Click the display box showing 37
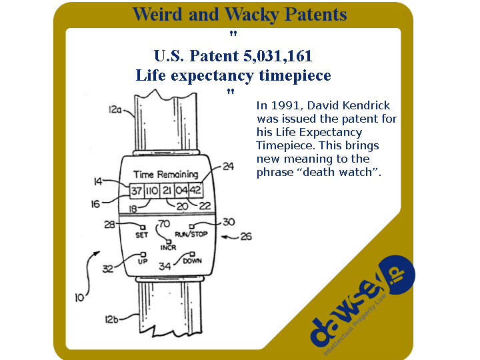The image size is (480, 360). click(x=137, y=191)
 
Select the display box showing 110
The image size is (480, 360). click(x=152, y=191)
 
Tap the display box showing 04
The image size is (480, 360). click(x=181, y=191)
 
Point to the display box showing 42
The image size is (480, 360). click(x=195, y=190)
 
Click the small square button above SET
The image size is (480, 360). click(x=143, y=227)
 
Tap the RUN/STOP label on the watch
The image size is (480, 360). click(x=191, y=234)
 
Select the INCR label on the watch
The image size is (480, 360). click(x=169, y=247)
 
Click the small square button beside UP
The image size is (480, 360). click(x=143, y=255)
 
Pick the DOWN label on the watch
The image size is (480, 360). click(x=192, y=261)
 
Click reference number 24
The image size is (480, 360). click(x=228, y=166)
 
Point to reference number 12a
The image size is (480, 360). click(x=115, y=109)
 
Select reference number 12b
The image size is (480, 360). click(x=111, y=319)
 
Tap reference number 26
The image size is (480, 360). click(x=246, y=236)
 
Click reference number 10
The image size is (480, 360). click(x=79, y=297)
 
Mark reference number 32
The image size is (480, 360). click(x=108, y=269)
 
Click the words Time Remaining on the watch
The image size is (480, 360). click(x=165, y=174)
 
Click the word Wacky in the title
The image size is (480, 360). click(x=252, y=15)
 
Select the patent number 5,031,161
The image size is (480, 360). click(x=278, y=56)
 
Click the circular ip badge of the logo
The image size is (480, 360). click(x=396, y=275)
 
